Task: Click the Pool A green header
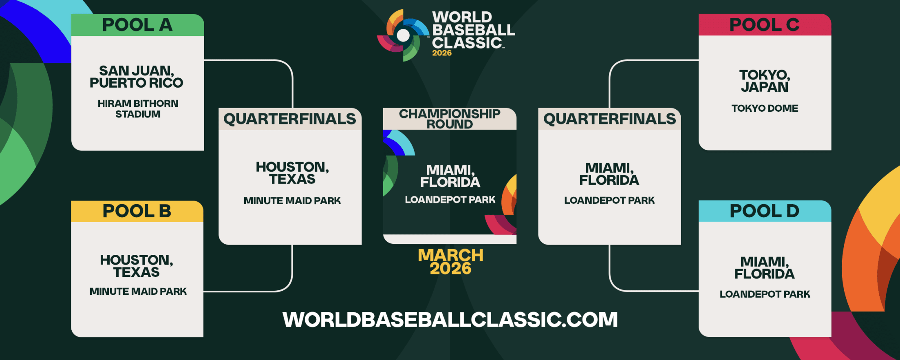pyautogui.click(x=137, y=25)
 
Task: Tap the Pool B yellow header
pyautogui.click(x=137, y=211)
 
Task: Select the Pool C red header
pyautogui.click(x=765, y=25)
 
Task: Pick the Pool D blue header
pyautogui.click(x=765, y=211)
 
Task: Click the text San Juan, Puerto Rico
pyautogui.click(x=137, y=77)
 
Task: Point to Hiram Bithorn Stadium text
pyautogui.click(x=138, y=109)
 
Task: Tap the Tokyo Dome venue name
pyautogui.click(x=765, y=108)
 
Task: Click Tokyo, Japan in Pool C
pyautogui.click(x=765, y=81)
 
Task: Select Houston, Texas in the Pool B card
pyautogui.click(x=137, y=266)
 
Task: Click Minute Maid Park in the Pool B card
pyautogui.click(x=138, y=292)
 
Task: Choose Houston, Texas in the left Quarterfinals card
pyautogui.click(x=292, y=173)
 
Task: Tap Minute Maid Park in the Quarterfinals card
pyautogui.click(x=292, y=201)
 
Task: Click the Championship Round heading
pyautogui.click(x=450, y=119)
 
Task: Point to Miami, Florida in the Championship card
pyautogui.click(x=450, y=176)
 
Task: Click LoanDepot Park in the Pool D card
pyautogui.click(x=765, y=294)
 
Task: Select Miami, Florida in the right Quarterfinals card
pyautogui.click(x=609, y=174)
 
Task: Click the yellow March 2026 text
pyautogui.click(x=450, y=262)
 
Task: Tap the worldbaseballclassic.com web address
pyautogui.click(x=450, y=320)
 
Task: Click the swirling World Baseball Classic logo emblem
pyautogui.click(x=403, y=35)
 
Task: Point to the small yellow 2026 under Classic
pyautogui.click(x=442, y=53)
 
